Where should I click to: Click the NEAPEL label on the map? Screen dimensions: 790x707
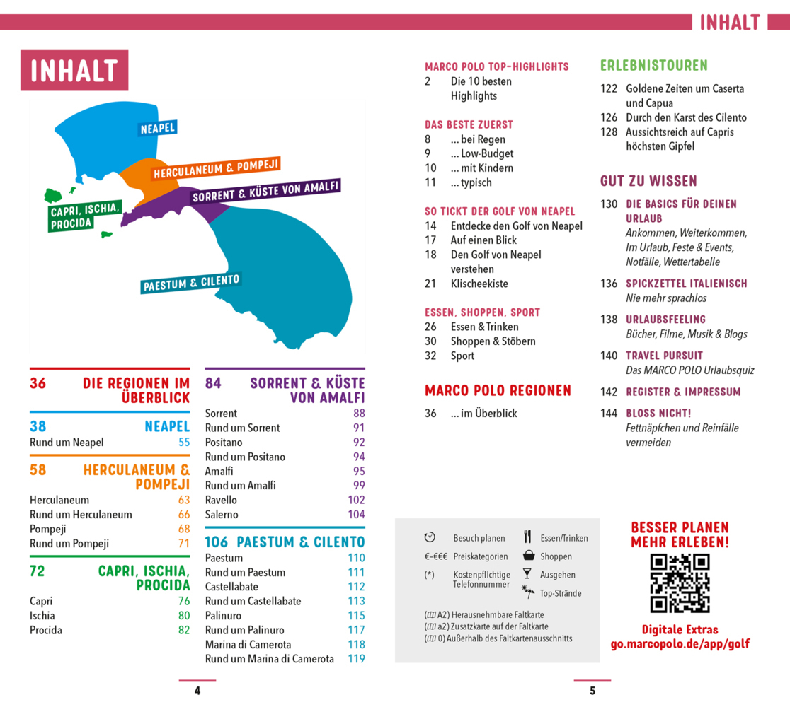point(158,128)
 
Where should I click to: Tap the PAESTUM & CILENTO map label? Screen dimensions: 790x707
point(191,284)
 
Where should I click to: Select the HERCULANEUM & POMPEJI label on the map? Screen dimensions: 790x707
point(216,168)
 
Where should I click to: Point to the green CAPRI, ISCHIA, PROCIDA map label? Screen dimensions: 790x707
point(85,216)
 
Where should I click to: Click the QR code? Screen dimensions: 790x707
point(680,583)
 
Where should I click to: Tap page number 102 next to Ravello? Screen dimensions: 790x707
point(356,500)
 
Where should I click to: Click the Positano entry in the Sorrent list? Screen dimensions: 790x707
point(224,443)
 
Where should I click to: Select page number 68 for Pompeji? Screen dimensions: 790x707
point(184,529)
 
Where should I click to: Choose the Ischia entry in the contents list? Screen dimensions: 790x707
point(42,615)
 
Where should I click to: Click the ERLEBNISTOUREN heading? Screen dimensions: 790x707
point(654,66)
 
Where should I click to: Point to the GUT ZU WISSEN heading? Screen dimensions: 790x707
point(648,181)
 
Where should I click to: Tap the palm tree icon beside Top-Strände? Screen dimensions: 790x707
point(528,591)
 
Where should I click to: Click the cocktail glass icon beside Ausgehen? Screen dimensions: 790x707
point(527,573)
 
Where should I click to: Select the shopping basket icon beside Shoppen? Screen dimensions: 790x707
point(529,556)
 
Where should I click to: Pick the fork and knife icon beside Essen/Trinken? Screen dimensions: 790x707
point(527,537)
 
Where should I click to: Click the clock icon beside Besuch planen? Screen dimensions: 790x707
point(430,537)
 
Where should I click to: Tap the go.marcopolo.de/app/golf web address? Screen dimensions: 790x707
point(680,644)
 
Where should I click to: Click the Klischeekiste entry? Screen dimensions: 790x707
point(479,284)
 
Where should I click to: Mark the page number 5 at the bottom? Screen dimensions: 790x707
point(592,691)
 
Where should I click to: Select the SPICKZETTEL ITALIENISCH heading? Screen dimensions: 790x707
point(687,284)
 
